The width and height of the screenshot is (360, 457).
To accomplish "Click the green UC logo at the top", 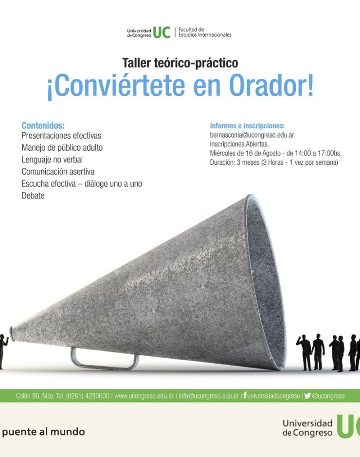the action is point(162,33).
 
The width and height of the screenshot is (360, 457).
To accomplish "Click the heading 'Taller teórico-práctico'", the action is point(180,63).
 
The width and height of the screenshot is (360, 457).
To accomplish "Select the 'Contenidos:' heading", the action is point(43,125).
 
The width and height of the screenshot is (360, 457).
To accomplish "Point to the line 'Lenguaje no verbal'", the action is point(52,160).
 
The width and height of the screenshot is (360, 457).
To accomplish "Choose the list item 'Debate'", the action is point(33,195).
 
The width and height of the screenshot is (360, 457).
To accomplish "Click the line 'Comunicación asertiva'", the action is point(58,172).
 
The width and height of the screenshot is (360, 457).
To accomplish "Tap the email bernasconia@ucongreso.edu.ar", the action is point(252,135).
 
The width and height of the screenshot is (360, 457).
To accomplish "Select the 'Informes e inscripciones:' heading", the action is point(248,126).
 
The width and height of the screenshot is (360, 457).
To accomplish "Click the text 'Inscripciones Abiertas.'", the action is point(239,144).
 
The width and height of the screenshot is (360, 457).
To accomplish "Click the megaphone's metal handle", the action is point(105,360).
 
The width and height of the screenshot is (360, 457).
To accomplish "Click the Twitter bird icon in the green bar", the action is point(307,396).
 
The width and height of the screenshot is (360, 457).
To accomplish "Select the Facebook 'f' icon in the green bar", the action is point(245,395).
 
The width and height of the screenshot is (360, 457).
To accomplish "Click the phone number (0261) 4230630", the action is point(88,396).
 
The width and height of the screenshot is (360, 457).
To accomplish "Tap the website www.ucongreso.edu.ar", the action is point(144,396).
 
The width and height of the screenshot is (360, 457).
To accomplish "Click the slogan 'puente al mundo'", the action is point(43,432).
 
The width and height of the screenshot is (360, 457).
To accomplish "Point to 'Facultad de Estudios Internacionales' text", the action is point(205,33).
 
